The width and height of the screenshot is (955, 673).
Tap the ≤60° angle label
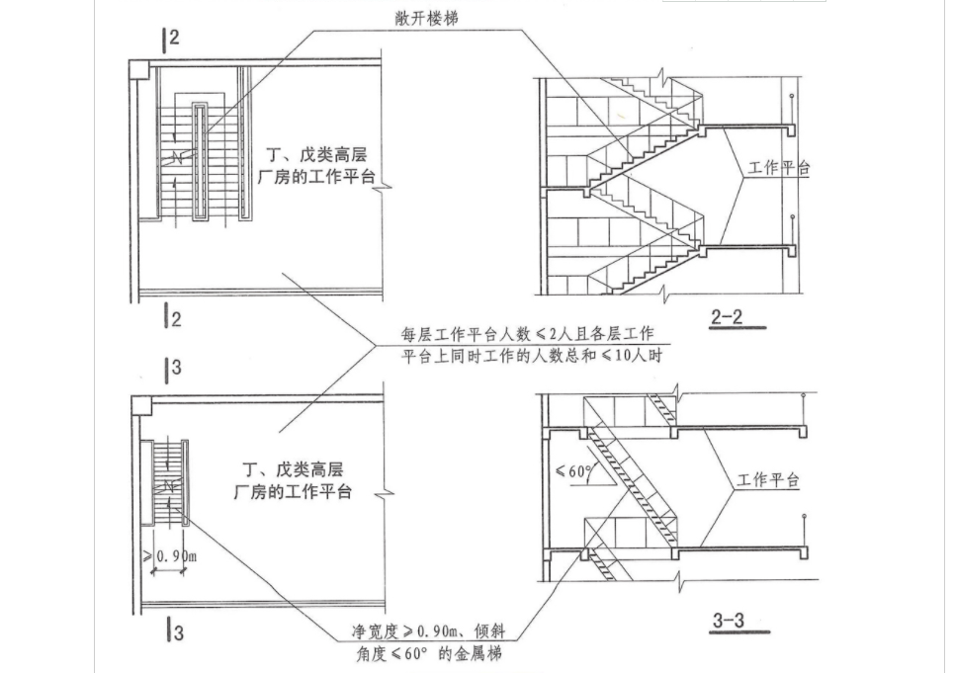tap(573, 471)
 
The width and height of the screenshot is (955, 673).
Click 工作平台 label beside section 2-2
tap(778, 168)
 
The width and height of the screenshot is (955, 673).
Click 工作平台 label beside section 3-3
tap(768, 481)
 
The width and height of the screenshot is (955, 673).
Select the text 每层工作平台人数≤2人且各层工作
tap(527, 335)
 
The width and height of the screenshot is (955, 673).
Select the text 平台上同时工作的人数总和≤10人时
tap(530, 356)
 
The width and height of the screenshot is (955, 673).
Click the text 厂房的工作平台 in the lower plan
tap(293, 491)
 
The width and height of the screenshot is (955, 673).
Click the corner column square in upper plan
tap(139, 69)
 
